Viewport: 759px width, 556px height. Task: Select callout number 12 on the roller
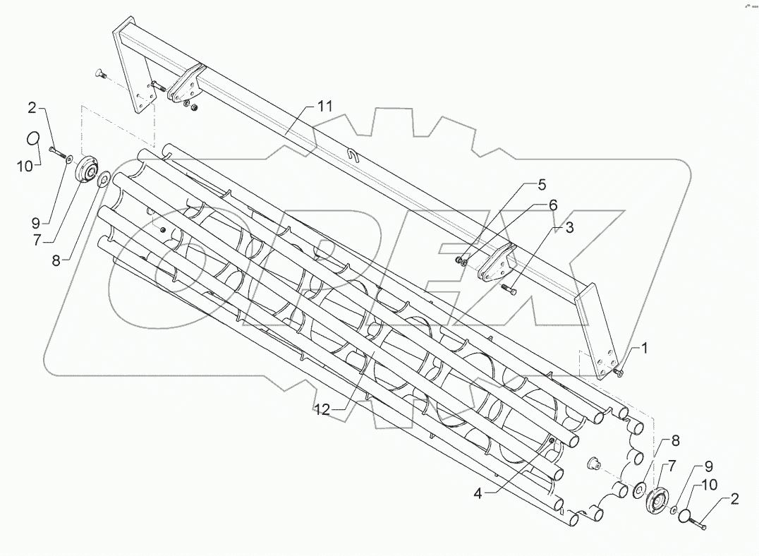click(322, 410)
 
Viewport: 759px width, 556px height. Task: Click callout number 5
click(541, 186)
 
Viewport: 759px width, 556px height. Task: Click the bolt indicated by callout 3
click(509, 288)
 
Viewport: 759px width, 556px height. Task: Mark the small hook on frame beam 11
click(356, 155)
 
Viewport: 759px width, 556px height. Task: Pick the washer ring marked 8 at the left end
click(102, 179)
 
